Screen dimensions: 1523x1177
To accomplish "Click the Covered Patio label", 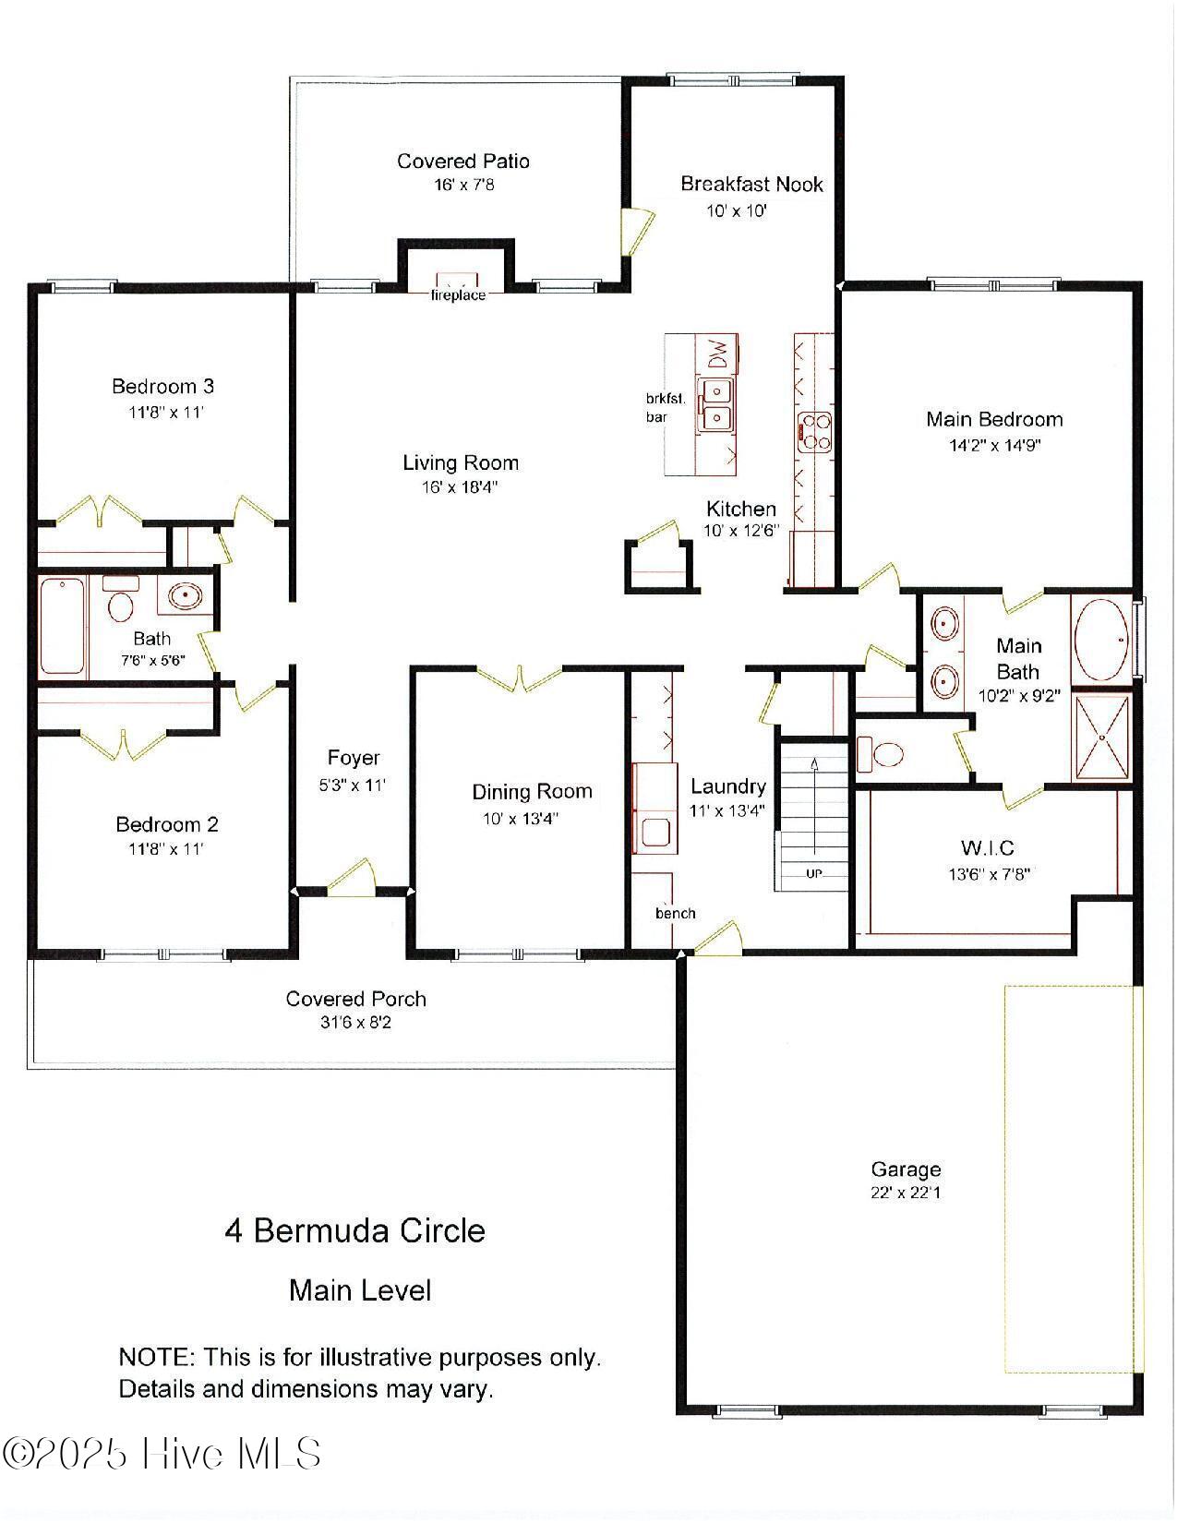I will pos(463,162).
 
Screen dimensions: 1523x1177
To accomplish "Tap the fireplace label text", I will pos(458,295).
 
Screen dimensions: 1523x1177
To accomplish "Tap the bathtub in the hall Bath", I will pos(62,625).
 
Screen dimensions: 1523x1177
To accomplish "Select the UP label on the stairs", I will pos(813,873).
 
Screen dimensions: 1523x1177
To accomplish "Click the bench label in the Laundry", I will pos(676,913).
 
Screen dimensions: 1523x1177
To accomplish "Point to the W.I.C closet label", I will pos(988,847).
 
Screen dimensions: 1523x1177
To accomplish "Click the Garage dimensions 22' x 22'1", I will pos(906,1193).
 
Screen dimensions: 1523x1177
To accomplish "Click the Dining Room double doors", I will pos(520,678).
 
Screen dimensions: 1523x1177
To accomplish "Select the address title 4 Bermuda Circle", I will pos(355,1230).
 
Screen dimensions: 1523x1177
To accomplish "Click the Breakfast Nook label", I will pos(751,184).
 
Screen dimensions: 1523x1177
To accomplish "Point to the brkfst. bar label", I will pos(664,408).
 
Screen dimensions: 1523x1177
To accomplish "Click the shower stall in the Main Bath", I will pos(1102,737).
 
